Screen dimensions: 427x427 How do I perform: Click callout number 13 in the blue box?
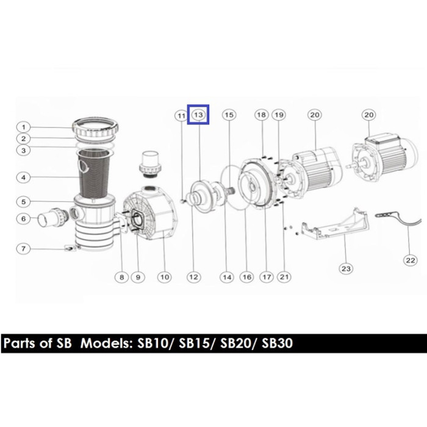click(x=198, y=115)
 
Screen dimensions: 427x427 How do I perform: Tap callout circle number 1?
click(x=24, y=127)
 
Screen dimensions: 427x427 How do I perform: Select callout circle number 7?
click(x=24, y=249)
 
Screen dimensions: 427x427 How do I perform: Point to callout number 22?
click(x=410, y=260)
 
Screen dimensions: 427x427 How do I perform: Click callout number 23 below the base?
click(x=346, y=269)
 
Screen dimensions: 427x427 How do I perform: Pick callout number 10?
click(x=165, y=277)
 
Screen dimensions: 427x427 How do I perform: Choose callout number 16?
click(x=246, y=277)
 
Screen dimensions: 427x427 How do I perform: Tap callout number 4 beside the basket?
click(x=24, y=178)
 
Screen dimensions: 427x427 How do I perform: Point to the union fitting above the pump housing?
click(x=149, y=164)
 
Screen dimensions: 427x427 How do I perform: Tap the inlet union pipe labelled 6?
click(x=52, y=217)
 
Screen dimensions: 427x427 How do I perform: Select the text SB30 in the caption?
click(x=277, y=343)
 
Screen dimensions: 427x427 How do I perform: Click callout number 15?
click(x=229, y=115)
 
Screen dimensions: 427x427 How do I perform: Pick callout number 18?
click(x=262, y=115)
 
